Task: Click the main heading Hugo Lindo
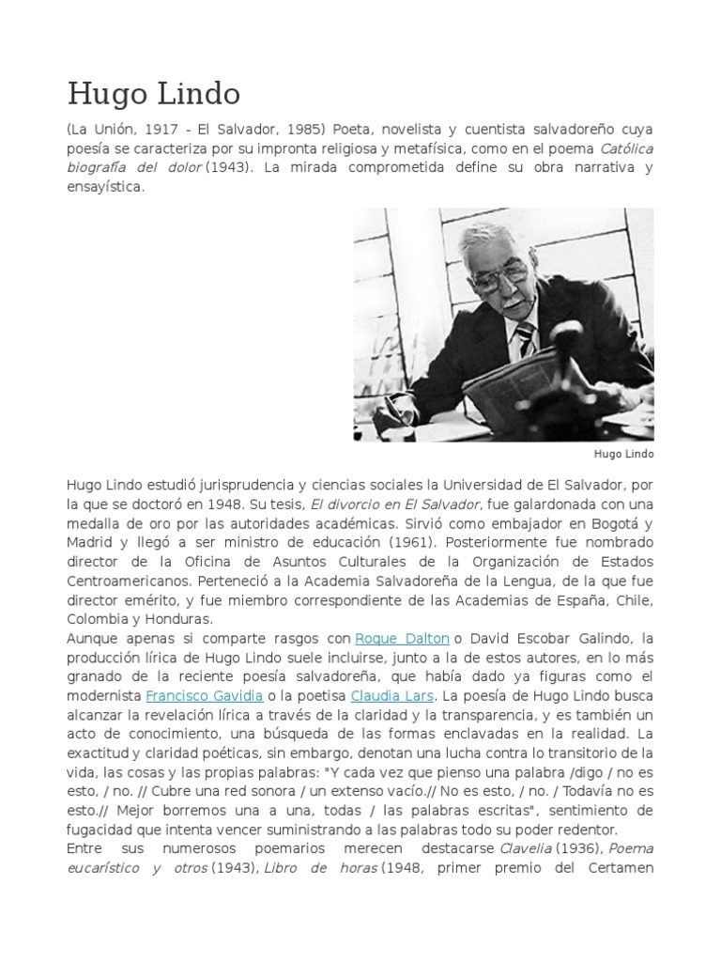click(x=153, y=93)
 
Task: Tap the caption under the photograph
click(x=623, y=454)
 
